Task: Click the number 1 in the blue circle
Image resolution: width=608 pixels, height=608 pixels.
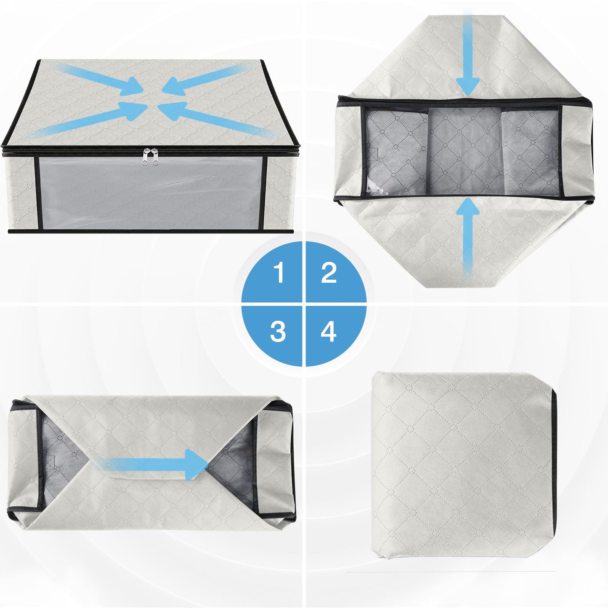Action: [278, 273]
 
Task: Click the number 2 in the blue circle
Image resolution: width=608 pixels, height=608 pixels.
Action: [328, 273]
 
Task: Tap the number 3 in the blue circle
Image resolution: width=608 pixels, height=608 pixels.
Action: [278, 332]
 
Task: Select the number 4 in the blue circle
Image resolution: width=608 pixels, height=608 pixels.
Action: [328, 332]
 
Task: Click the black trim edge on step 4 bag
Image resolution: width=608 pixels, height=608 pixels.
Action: [556, 463]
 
